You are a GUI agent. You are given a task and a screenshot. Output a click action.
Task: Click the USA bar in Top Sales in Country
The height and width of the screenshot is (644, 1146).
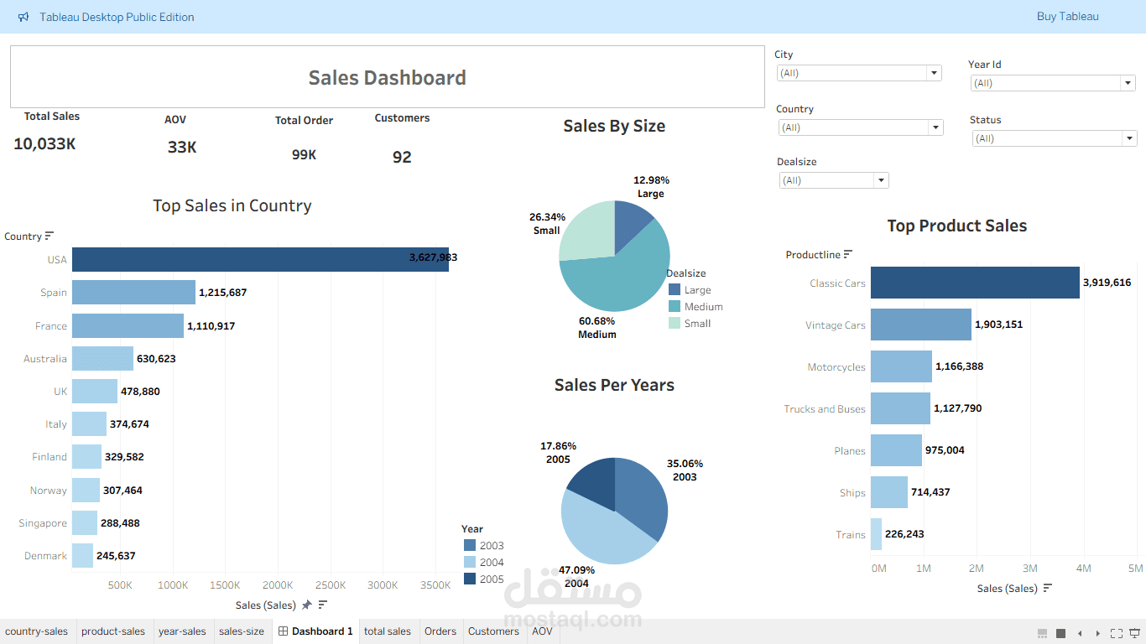pyautogui.click(x=260, y=260)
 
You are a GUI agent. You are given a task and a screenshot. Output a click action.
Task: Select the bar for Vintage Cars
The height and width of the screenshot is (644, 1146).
pyautogui.click(x=920, y=325)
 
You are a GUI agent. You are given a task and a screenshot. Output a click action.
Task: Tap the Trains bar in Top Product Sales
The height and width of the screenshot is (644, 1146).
pyautogui.click(x=876, y=534)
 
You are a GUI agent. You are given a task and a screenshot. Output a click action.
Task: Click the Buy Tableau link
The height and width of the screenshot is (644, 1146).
pyautogui.click(x=1067, y=17)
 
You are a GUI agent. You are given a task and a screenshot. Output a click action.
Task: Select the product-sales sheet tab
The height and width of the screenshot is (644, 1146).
pyautogui.click(x=113, y=631)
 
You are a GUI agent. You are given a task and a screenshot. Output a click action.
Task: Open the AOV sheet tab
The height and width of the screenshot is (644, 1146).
pyautogui.click(x=542, y=631)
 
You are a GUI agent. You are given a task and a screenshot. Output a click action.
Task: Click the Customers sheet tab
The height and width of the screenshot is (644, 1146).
pyautogui.click(x=493, y=631)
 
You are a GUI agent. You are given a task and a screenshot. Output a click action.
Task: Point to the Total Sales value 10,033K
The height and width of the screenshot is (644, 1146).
pyautogui.click(x=44, y=144)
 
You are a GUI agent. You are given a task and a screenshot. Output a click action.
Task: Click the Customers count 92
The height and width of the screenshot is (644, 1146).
pyautogui.click(x=402, y=158)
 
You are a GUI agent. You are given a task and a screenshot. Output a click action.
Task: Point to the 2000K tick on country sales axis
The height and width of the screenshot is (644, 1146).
pyautogui.click(x=278, y=585)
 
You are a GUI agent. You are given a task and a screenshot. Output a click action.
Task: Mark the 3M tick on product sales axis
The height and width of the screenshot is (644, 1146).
pyautogui.click(x=1029, y=569)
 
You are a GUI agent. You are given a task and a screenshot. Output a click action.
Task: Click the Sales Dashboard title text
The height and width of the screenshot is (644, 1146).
pyautogui.click(x=387, y=78)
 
